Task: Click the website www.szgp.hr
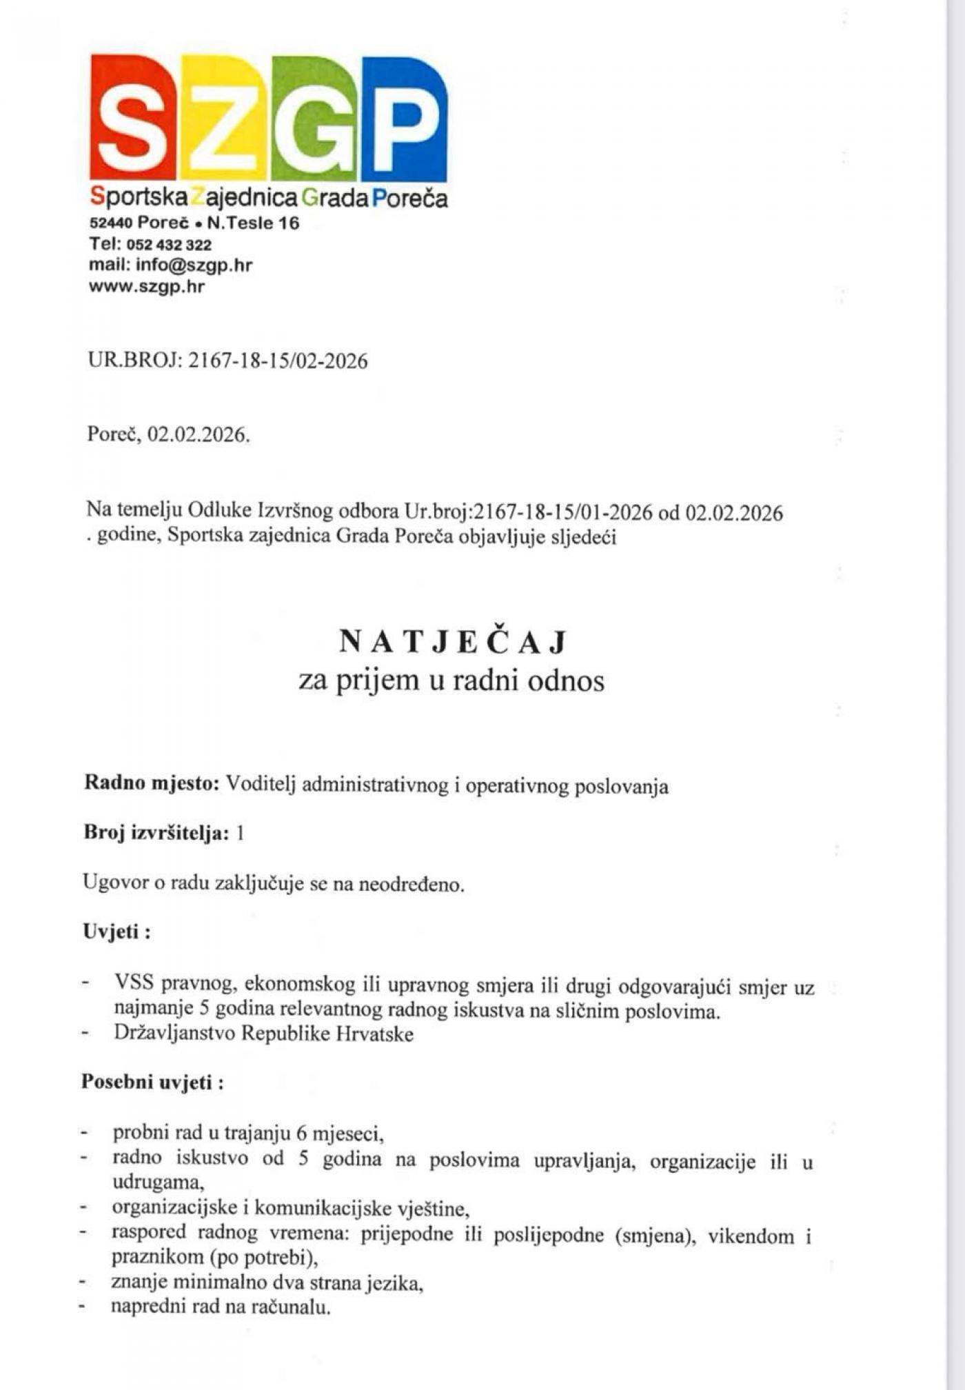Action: click(x=146, y=286)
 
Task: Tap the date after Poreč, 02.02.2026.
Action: click(x=198, y=435)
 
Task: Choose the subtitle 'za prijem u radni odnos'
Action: click(x=451, y=681)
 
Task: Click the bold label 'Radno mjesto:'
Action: click(x=152, y=784)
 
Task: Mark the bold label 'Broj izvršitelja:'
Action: click(x=156, y=834)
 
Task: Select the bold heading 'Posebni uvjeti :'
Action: click(x=152, y=1082)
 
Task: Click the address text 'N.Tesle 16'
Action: click(x=253, y=223)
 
